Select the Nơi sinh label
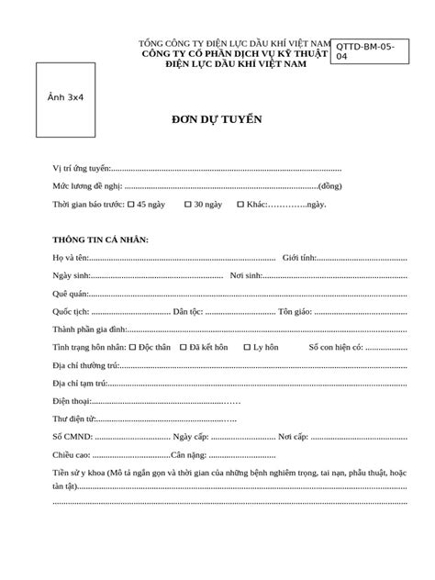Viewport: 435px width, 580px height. [246, 275]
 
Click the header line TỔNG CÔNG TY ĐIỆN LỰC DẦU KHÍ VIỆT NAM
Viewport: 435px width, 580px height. [234, 43]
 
